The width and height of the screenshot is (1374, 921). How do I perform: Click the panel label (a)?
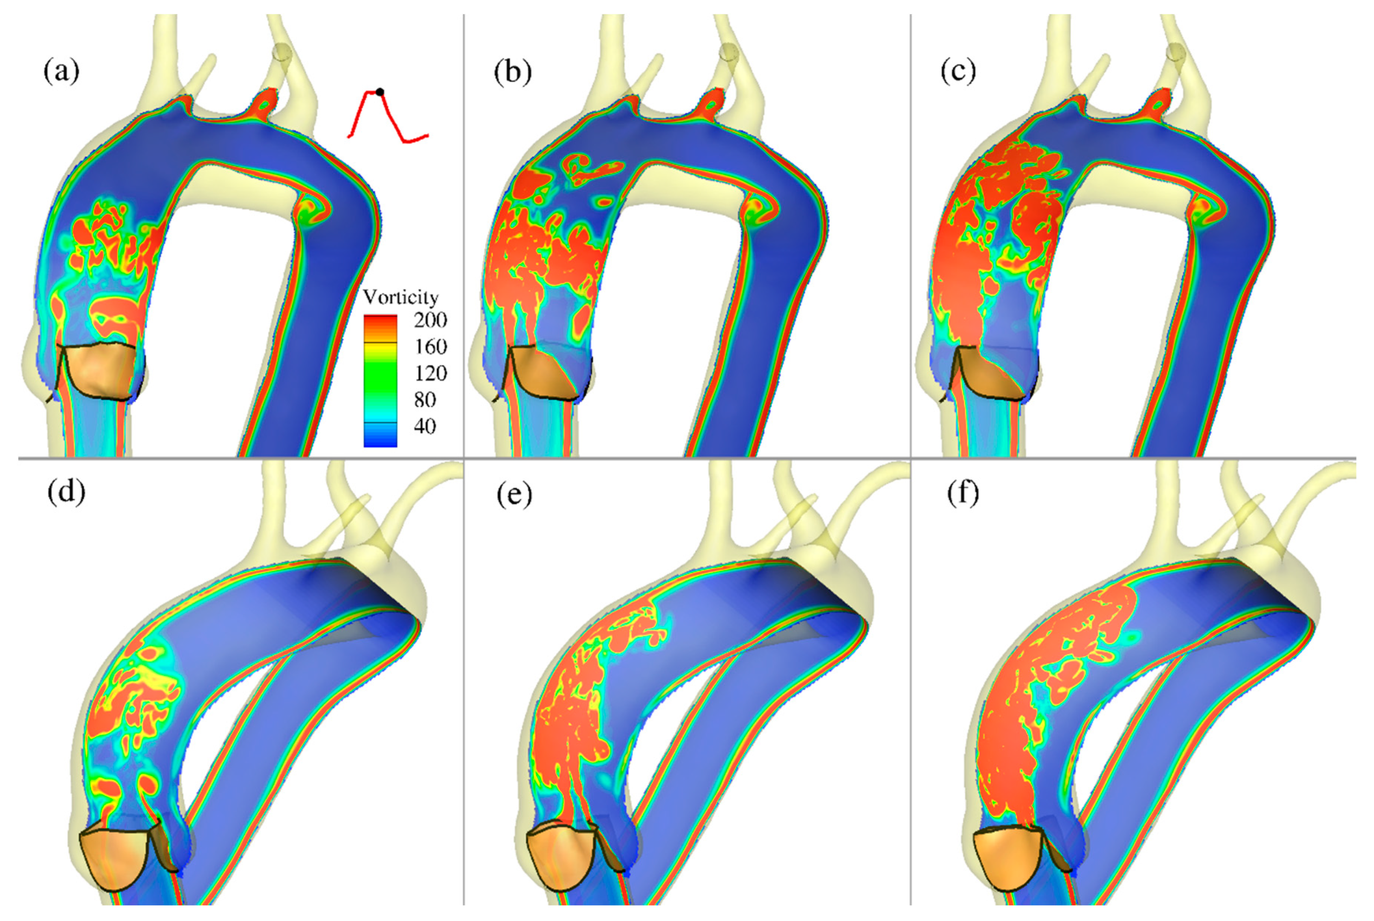tap(61, 72)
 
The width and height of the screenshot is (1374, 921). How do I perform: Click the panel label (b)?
tap(513, 72)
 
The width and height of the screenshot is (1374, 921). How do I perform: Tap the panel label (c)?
tap(958, 72)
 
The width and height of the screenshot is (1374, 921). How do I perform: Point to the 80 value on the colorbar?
tap(424, 399)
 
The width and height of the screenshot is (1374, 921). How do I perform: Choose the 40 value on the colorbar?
tap(424, 426)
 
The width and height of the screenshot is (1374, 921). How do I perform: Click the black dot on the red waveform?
tap(380, 92)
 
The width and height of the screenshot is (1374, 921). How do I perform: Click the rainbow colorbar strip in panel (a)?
tap(380, 381)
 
